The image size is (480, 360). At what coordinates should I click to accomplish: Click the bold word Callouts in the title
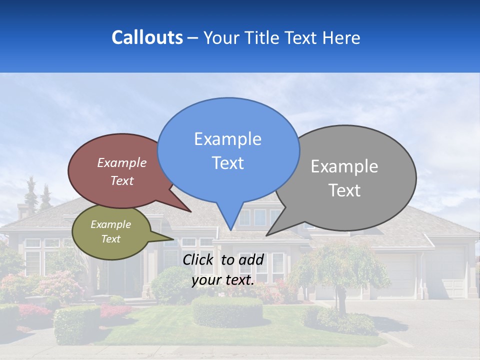point(147,37)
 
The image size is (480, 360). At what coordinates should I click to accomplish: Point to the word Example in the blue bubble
point(227,139)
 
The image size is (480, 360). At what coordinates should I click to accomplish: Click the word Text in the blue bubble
point(227,163)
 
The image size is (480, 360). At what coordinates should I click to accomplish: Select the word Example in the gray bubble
point(344,166)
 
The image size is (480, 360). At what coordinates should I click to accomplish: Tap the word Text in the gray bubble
point(344,190)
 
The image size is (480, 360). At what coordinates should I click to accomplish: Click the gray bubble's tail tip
point(267,235)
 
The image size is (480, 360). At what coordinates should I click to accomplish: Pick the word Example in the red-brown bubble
point(122,163)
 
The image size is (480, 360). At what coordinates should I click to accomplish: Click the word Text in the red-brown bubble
point(122,181)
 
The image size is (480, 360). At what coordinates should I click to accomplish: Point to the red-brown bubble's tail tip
point(191,211)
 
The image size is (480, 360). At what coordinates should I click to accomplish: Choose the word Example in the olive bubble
point(111,225)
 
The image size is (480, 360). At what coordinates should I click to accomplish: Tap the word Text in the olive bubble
point(111,239)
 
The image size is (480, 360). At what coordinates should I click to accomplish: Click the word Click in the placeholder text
point(199,259)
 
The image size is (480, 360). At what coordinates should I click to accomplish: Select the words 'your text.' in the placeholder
point(223,280)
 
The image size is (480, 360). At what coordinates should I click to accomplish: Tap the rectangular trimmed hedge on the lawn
point(227,311)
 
